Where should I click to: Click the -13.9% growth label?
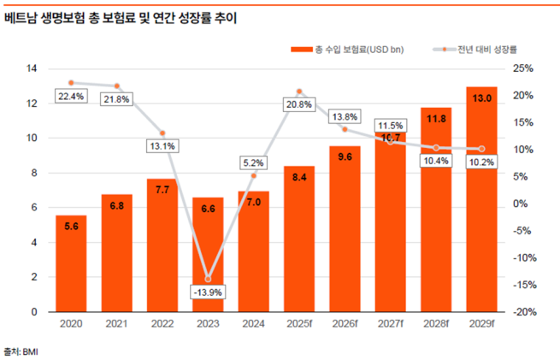tap(208, 292)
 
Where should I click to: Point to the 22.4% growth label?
tap(70, 97)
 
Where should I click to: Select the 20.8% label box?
tap(299, 104)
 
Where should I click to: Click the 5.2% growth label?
tap(254, 162)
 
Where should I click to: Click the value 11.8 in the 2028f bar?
tap(436, 119)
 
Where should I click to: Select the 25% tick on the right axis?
tap(522, 68)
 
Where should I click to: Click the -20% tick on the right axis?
tap(522, 312)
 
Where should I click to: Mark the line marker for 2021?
tap(116, 86)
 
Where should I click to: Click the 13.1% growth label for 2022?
tap(162, 145)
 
